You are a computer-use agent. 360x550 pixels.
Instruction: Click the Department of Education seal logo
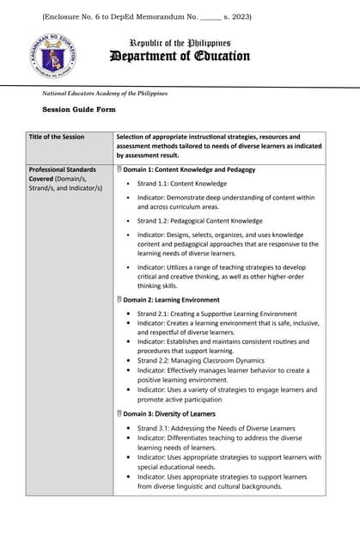53,57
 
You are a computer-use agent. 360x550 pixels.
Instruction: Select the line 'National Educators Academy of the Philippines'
105,93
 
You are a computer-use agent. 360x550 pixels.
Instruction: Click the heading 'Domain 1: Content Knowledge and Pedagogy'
188,169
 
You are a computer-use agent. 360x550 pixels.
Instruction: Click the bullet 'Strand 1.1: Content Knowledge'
181,183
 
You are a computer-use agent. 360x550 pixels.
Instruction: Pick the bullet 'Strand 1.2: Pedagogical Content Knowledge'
199,221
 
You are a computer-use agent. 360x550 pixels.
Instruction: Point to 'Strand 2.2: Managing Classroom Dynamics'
200,361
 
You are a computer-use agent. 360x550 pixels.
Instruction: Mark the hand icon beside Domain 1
119,169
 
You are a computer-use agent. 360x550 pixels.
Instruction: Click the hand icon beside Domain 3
119,413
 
